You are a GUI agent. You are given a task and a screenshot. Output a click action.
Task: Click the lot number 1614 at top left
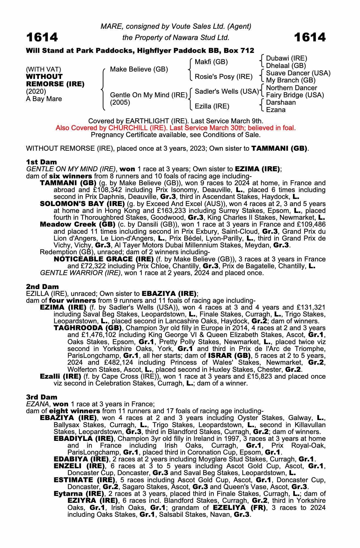pos(42,37)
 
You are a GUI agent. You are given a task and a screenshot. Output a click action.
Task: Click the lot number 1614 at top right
pos(310,37)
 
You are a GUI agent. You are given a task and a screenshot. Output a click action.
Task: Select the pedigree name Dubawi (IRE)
pos(286,58)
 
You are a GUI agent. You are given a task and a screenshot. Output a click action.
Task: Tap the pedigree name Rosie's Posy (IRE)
pos(223,77)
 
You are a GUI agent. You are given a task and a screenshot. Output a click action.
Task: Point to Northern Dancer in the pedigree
pos(291,88)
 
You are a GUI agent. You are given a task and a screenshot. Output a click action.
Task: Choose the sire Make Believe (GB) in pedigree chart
pos(139,69)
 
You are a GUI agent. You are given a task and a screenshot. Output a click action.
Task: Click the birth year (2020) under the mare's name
pos(36,91)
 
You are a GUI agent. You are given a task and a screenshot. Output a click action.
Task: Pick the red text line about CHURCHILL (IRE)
pos(175,128)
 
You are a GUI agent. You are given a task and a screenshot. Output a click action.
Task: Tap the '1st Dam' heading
pos(41,162)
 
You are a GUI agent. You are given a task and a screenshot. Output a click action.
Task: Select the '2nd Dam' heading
pos(42,287)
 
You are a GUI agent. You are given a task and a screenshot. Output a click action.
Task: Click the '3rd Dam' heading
pos(42,397)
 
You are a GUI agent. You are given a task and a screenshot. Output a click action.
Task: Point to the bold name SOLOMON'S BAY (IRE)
pos(82,204)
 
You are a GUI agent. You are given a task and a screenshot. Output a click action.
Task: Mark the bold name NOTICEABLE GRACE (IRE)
pos(103,259)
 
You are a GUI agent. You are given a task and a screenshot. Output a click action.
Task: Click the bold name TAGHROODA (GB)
pos(88,328)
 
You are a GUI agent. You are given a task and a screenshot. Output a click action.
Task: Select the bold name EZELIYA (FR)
pos(240,507)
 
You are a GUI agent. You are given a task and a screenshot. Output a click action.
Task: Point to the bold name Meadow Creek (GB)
pos(77,224)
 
